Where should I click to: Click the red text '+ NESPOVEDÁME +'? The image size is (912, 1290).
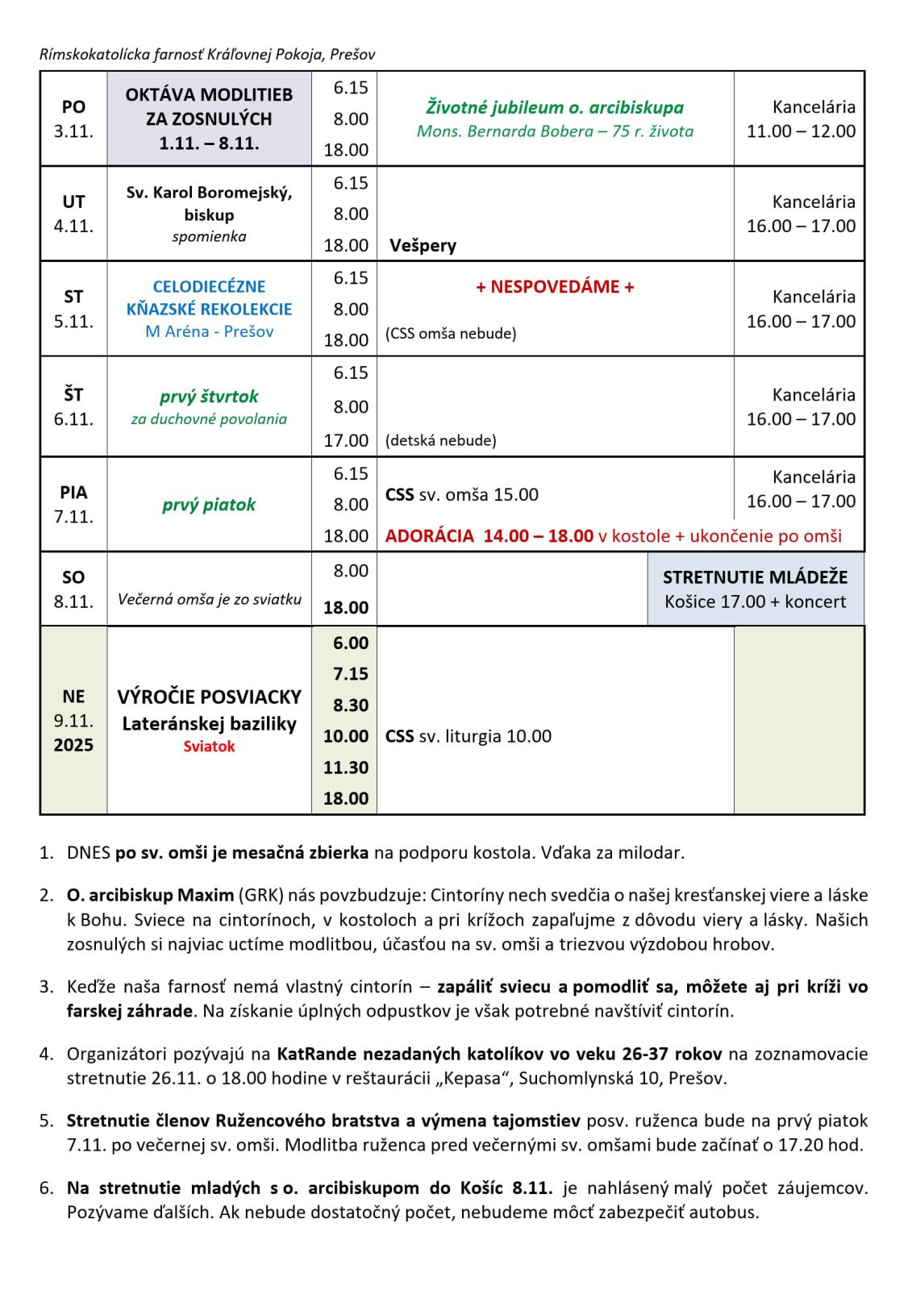click(555, 287)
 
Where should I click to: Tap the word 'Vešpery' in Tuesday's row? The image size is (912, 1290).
click(423, 245)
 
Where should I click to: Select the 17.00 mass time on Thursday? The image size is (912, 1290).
click(346, 440)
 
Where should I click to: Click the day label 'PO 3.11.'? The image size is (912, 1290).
click(73, 119)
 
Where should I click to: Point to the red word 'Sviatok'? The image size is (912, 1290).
click(209, 747)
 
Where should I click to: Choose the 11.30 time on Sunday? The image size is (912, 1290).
click(346, 768)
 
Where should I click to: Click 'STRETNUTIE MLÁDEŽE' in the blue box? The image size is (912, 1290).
click(755, 577)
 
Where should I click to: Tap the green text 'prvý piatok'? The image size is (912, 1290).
click(209, 505)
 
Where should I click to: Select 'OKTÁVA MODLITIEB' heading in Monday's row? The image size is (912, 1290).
click(209, 94)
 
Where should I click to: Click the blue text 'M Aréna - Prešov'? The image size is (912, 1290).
click(209, 331)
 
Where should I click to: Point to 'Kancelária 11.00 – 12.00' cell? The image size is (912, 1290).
click(801, 119)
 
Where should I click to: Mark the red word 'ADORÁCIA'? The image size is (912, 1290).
click(430, 536)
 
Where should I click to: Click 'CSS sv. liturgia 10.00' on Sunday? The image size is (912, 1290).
click(468, 736)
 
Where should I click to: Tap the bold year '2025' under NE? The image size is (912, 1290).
click(73, 745)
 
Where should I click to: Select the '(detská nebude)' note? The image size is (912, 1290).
click(440, 440)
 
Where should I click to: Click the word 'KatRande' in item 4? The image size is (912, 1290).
click(310, 1054)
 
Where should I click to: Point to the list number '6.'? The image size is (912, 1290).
click(47, 1188)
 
